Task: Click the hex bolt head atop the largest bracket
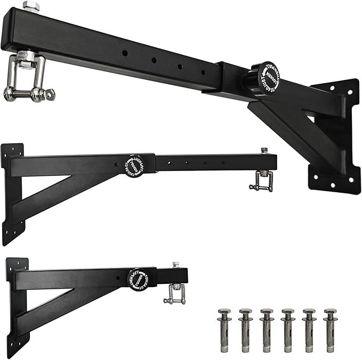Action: click(x=30, y=7)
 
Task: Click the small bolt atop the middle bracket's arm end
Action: click(x=264, y=151)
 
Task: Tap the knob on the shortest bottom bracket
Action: click(x=140, y=281)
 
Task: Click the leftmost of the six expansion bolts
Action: click(x=224, y=330)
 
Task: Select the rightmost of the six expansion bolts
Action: click(x=330, y=330)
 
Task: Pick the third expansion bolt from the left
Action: click(x=267, y=330)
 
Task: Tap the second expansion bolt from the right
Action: click(x=309, y=330)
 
